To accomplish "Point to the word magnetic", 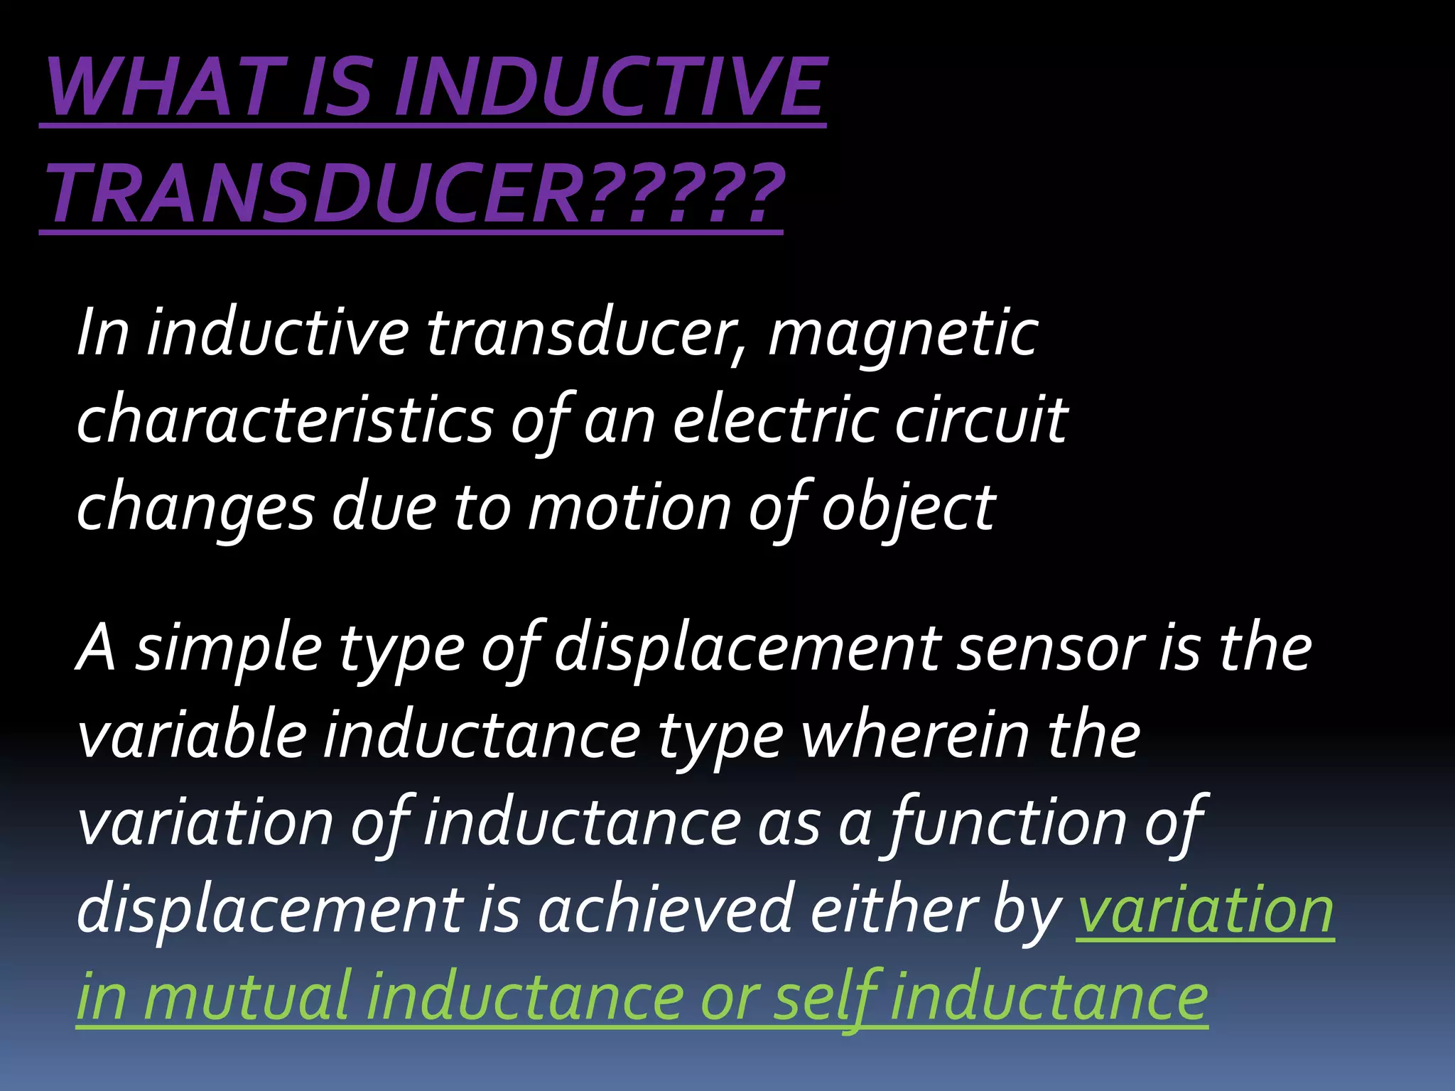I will click(x=902, y=334).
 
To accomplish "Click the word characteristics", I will click(x=284, y=420).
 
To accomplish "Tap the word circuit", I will click(x=980, y=420).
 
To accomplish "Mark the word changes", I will click(x=195, y=509).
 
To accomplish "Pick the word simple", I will click(x=227, y=651).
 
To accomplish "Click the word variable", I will click(x=192, y=736).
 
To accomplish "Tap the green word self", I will click(x=824, y=997).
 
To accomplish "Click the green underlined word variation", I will click(x=1205, y=911).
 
